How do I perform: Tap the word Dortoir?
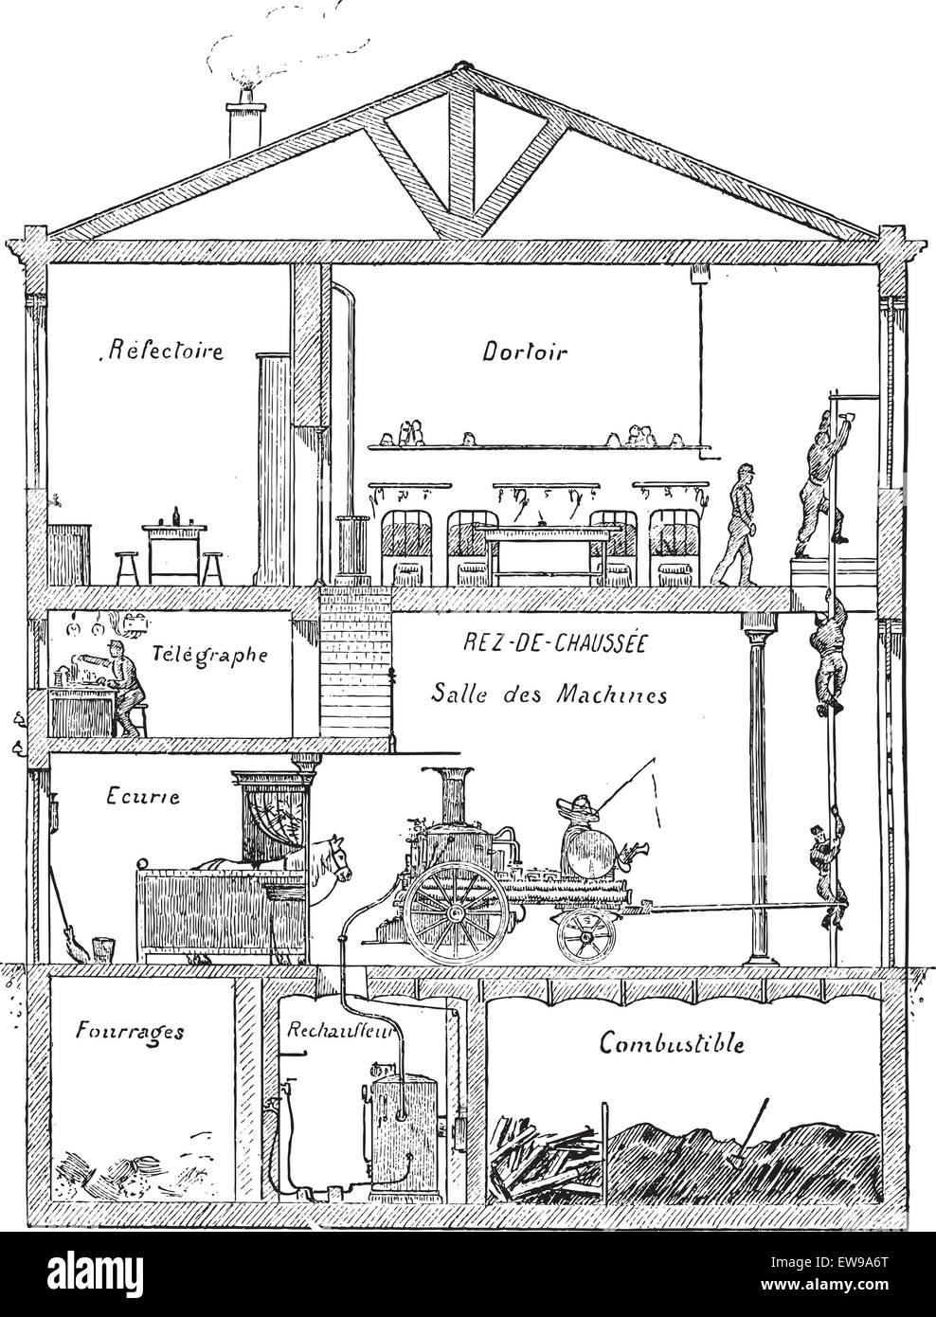pyautogui.click(x=524, y=352)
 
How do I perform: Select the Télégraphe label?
pyautogui.click(x=208, y=654)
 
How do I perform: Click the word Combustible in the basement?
pyautogui.click(x=672, y=1043)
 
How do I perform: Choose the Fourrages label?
pyautogui.click(x=129, y=1030)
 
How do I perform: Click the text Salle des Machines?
pyautogui.click(x=549, y=694)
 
